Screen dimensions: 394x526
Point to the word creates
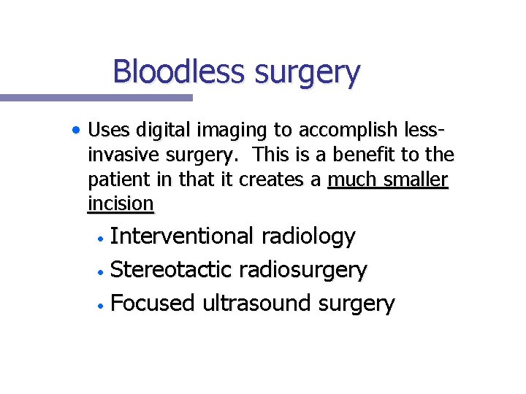273,179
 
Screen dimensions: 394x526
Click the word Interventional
182,236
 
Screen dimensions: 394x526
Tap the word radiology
308,236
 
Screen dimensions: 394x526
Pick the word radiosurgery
307,270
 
